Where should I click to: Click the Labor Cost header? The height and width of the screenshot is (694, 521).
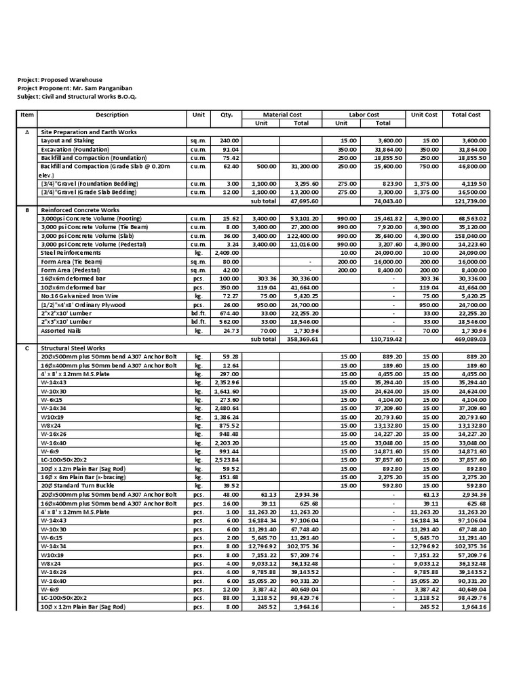tap(364, 115)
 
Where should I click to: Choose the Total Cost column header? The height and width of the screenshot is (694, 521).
tap(466, 115)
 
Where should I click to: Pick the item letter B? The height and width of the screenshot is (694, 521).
tap(27, 210)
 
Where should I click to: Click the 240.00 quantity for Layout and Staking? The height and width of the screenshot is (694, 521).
tap(230, 140)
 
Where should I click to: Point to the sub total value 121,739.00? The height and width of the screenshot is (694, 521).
tap(469, 202)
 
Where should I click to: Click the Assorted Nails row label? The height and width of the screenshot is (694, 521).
tap(62, 331)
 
